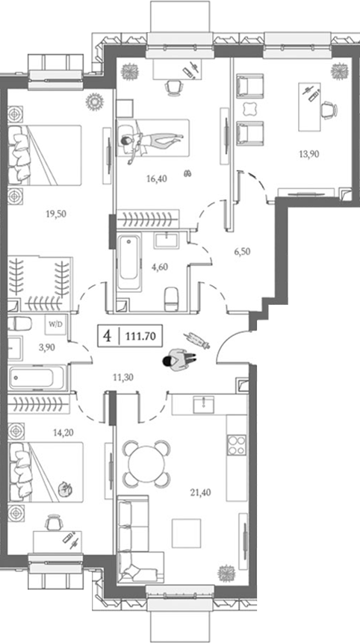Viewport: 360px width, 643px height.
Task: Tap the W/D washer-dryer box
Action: pyautogui.click(x=55, y=325)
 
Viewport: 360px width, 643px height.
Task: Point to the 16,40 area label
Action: pyautogui.click(x=155, y=179)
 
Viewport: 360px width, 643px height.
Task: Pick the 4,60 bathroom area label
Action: pyautogui.click(x=161, y=264)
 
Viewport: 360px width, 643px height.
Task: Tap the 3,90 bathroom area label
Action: pyautogui.click(x=47, y=348)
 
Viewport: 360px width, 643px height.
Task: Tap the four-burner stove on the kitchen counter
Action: pyautogui.click(x=237, y=446)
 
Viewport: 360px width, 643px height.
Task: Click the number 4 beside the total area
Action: pyautogui.click(x=108, y=336)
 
